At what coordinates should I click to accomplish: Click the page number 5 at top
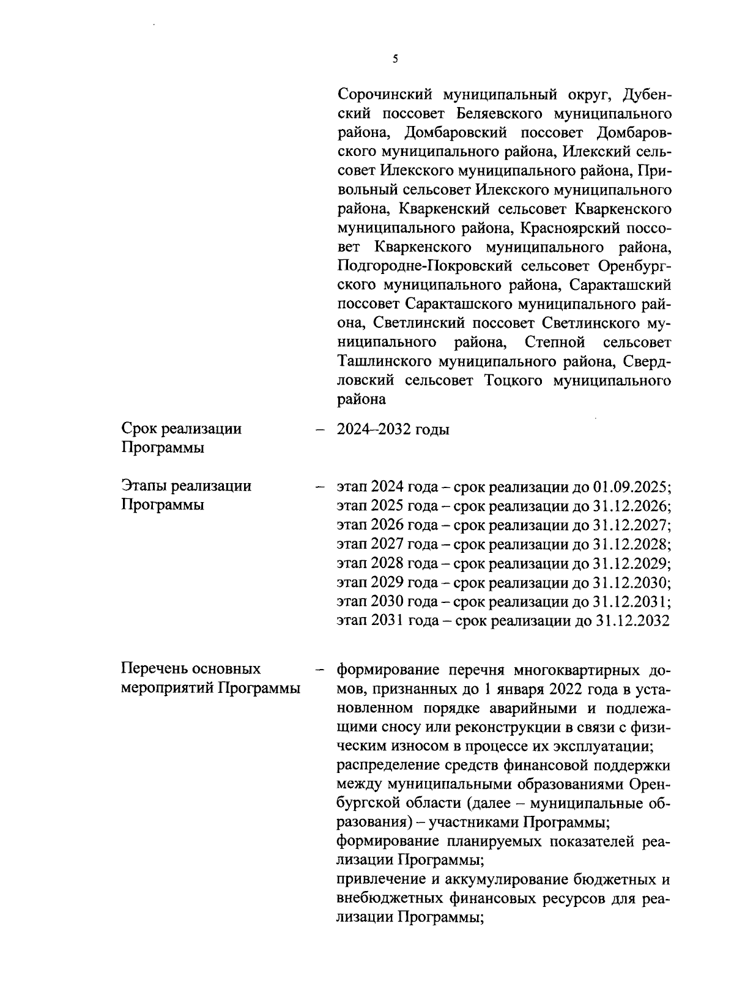(x=395, y=59)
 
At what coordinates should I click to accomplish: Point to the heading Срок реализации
(x=181, y=429)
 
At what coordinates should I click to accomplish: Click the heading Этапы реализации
(x=186, y=486)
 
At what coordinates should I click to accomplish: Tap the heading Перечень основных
(x=191, y=668)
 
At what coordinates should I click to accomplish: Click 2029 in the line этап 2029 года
(x=387, y=582)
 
